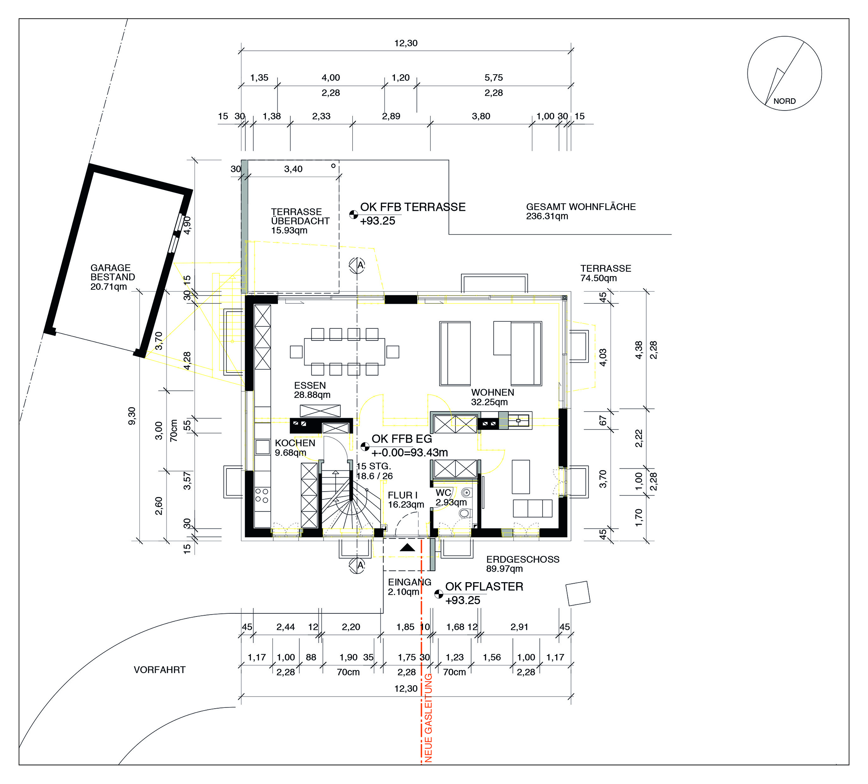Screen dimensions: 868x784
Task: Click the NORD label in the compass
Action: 784,101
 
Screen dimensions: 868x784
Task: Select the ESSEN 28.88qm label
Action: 312,390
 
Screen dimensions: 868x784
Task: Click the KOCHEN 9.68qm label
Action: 295,447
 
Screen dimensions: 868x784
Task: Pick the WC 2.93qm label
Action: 451,497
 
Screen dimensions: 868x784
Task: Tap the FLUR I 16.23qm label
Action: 406,500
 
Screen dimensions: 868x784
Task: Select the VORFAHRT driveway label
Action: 159,670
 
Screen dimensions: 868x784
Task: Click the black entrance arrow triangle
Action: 407,547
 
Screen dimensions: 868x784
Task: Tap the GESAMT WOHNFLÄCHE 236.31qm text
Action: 581,211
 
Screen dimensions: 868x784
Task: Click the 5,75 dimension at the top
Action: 493,78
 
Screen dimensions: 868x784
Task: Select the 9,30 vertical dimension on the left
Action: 132,416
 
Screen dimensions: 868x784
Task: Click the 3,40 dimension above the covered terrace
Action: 293,169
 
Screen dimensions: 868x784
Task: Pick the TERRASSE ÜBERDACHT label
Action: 300,221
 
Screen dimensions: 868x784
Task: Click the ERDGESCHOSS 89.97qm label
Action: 523,564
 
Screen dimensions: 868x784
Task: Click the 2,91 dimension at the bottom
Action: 519,627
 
